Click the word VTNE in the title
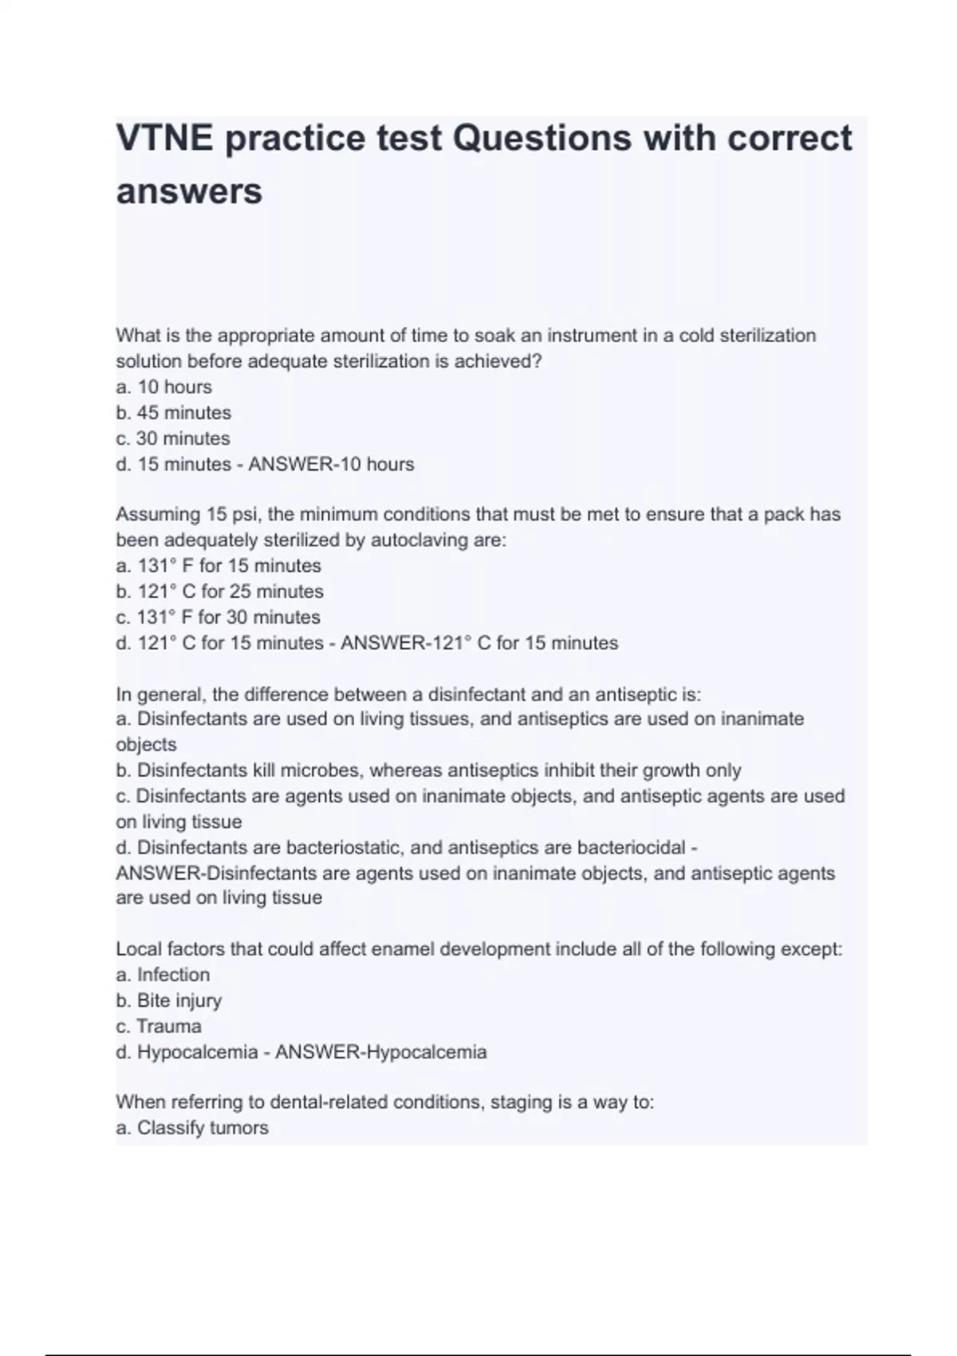tap(165, 139)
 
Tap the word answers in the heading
tap(189, 191)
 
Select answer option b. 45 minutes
tap(173, 412)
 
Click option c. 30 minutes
tap(172, 438)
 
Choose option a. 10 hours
tap(163, 387)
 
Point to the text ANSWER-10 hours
tap(331, 464)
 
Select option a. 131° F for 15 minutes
tap(218, 566)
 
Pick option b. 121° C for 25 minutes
tap(219, 591)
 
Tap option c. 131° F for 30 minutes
tap(218, 617)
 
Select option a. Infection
tap(163, 975)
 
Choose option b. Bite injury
tap(168, 1000)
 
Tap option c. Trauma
tap(158, 1026)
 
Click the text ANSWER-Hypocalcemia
tap(380, 1052)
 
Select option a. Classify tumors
tap(191, 1128)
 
